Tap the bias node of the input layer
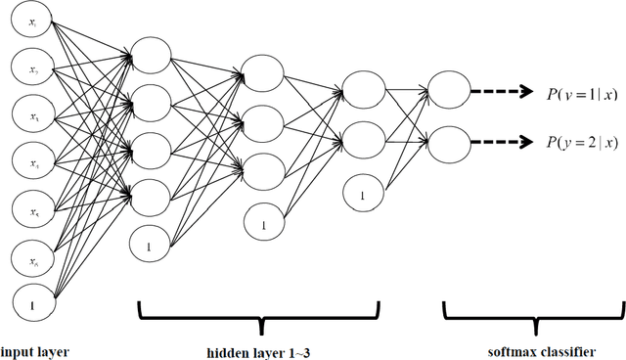click(33, 305)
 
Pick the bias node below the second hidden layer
click(263, 224)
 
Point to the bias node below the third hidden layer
click(362, 196)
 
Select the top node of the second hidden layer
click(263, 72)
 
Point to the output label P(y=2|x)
click(581, 143)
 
